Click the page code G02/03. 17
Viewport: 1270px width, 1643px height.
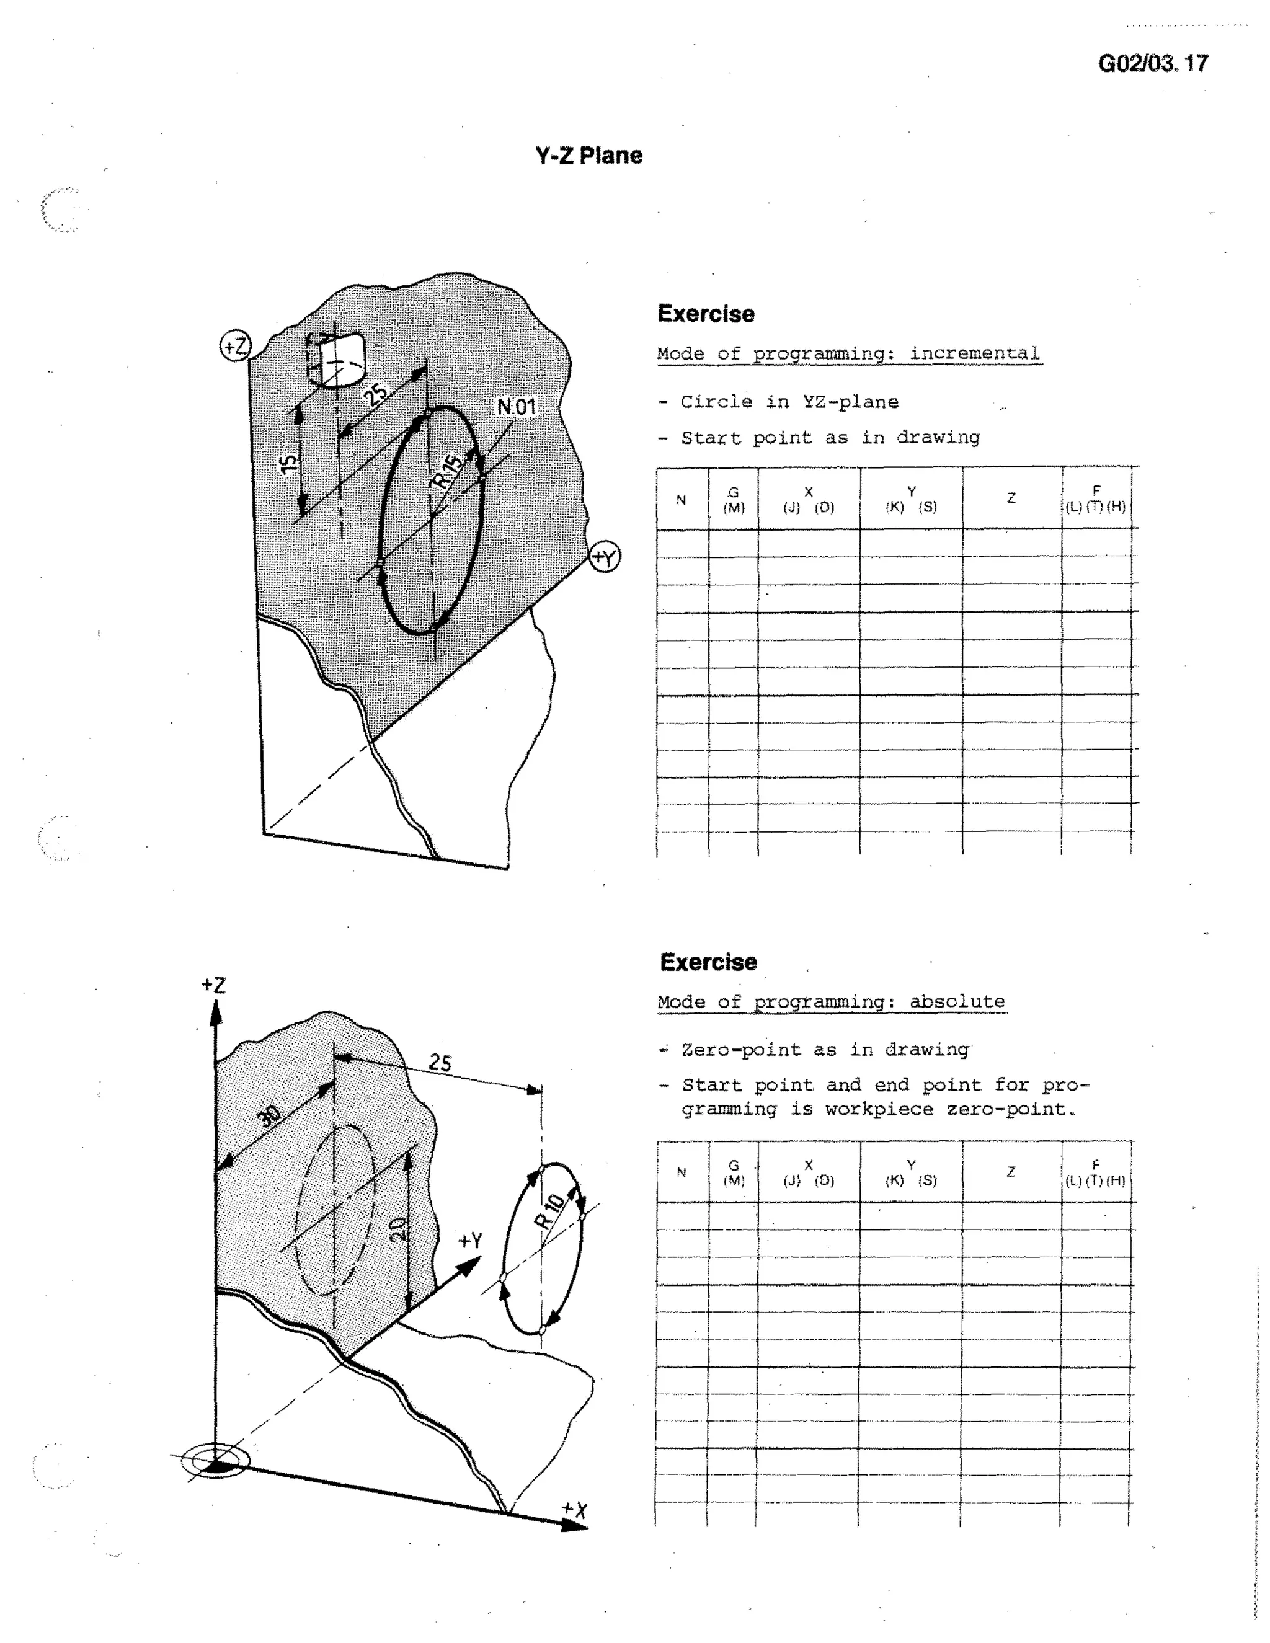tap(1153, 63)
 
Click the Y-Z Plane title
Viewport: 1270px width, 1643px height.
tap(588, 156)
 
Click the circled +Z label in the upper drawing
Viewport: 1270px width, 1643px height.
tap(235, 345)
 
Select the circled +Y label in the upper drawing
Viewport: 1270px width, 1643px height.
tap(604, 557)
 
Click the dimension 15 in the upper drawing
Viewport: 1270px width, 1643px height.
tap(289, 464)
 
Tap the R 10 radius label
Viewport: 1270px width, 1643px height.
tap(549, 1210)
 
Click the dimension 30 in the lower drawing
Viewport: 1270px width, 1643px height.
tap(269, 1115)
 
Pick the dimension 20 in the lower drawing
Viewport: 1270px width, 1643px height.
tap(398, 1228)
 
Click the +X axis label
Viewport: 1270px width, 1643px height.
tap(575, 1508)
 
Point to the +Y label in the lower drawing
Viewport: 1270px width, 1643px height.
tap(470, 1241)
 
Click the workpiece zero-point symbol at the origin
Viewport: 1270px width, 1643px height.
tap(216, 1460)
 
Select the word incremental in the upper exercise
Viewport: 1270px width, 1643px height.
tap(974, 353)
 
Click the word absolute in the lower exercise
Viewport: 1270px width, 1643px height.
tap(957, 1001)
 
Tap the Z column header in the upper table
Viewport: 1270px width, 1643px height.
tap(1011, 498)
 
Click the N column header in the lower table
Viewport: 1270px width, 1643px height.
tap(682, 1172)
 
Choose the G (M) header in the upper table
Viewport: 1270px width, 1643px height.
tap(734, 500)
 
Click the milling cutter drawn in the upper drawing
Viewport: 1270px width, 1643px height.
tap(339, 359)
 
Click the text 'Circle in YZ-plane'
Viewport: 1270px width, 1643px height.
tap(789, 402)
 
